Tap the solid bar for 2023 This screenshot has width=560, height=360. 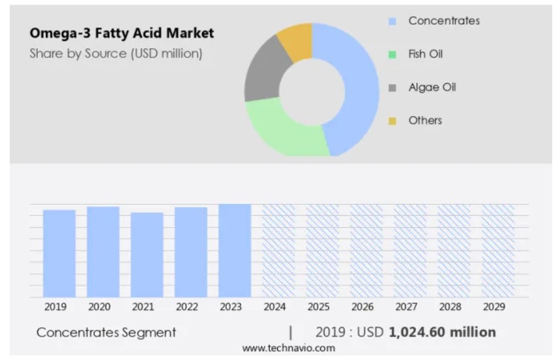click(x=235, y=250)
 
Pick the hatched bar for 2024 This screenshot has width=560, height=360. click(x=278, y=250)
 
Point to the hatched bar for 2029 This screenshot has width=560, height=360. click(x=498, y=250)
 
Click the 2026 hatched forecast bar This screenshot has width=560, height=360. click(x=366, y=250)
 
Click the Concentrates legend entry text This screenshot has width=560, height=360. click(x=444, y=21)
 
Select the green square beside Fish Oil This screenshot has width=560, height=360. click(x=392, y=55)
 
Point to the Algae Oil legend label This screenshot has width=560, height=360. click(x=432, y=87)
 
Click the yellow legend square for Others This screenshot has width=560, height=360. click(x=392, y=121)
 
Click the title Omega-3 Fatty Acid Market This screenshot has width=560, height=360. click(x=121, y=33)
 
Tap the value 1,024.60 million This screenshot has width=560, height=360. click(x=442, y=332)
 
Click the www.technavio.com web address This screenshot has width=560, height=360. click(x=289, y=348)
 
